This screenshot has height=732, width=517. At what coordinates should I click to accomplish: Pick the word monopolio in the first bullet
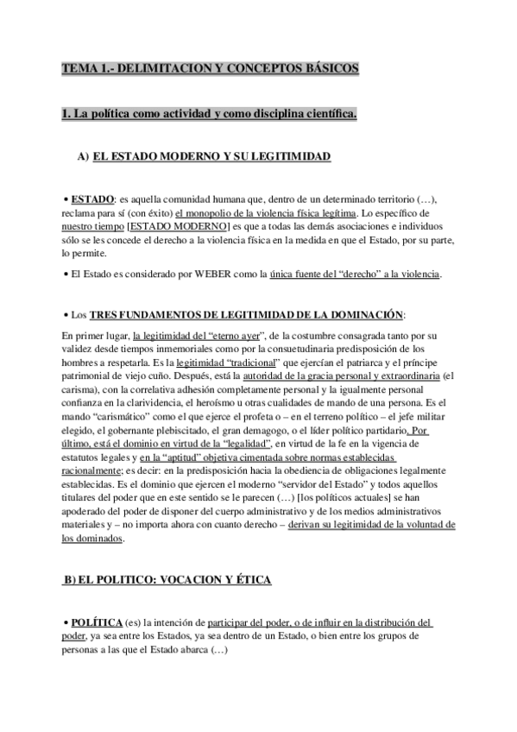(x=213, y=211)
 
